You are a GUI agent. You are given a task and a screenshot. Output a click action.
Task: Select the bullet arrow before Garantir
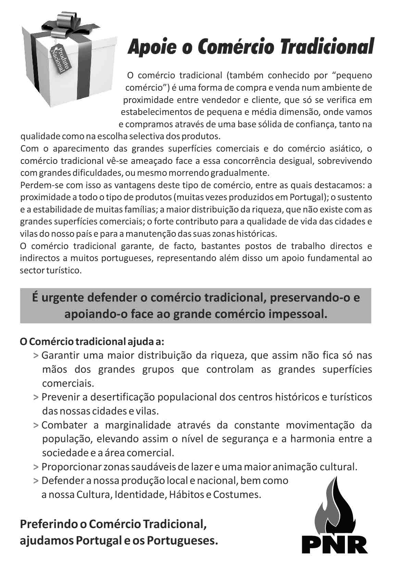(36, 356)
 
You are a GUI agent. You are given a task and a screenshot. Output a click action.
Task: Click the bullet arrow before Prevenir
(36, 397)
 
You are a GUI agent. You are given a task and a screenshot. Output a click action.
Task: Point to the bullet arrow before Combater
(36, 425)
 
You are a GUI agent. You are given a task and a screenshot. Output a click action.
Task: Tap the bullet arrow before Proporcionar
(36, 467)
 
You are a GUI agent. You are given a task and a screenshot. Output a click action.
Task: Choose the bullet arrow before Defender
(36, 481)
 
